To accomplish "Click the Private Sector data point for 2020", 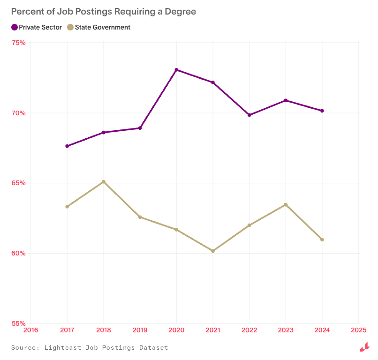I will tap(176, 70).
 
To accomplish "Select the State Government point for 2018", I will tap(104, 182).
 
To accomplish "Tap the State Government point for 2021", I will tap(213, 251).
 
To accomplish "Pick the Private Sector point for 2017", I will tap(67, 146).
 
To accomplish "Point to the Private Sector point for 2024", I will tap(322, 111).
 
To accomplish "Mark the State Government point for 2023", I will tap(286, 205).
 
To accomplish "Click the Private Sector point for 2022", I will tap(249, 115).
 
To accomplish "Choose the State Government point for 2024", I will tap(322, 240).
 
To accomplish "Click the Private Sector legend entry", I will tap(37, 27).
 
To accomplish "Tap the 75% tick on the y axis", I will tap(18, 43).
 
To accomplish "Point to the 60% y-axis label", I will tap(18, 253).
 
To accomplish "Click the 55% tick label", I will tap(18, 323).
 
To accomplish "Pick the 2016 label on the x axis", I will tap(30, 330).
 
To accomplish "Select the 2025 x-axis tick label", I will tap(359, 330).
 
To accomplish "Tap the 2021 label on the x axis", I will tap(213, 330).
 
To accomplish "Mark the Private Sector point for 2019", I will tap(140, 128).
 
